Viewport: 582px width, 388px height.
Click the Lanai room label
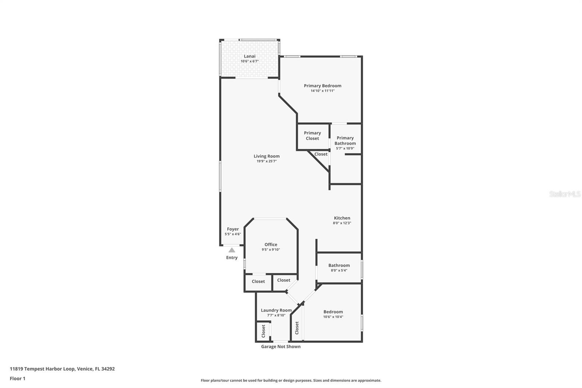(x=250, y=56)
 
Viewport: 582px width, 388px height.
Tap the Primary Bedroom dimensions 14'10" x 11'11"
(x=322, y=91)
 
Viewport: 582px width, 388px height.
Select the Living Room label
(x=267, y=156)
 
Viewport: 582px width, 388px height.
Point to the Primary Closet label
(x=312, y=135)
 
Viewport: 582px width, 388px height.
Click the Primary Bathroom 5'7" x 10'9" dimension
(x=345, y=149)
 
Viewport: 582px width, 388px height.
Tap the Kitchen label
(x=342, y=218)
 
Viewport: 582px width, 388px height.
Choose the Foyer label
(x=232, y=229)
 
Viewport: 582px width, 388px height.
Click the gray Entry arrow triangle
(x=232, y=250)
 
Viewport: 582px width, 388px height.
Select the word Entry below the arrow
(x=232, y=257)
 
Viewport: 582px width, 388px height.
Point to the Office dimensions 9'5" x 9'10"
(x=271, y=250)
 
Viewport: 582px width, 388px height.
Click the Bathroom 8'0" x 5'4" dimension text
(x=339, y=270)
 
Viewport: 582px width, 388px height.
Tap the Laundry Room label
(x=276, y=310)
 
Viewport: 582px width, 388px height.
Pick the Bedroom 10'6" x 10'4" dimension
(x=333, y=317)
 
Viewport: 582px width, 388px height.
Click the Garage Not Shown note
(x=280, y=347)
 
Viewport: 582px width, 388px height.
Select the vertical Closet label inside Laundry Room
(x=263, y=331)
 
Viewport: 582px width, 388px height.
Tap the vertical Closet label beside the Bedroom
(x=297, y=328)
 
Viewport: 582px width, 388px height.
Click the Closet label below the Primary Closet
(x=321, y=154)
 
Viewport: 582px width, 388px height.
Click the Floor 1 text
(x=18, y=379)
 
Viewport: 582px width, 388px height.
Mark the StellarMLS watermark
(x=565, y=194)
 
